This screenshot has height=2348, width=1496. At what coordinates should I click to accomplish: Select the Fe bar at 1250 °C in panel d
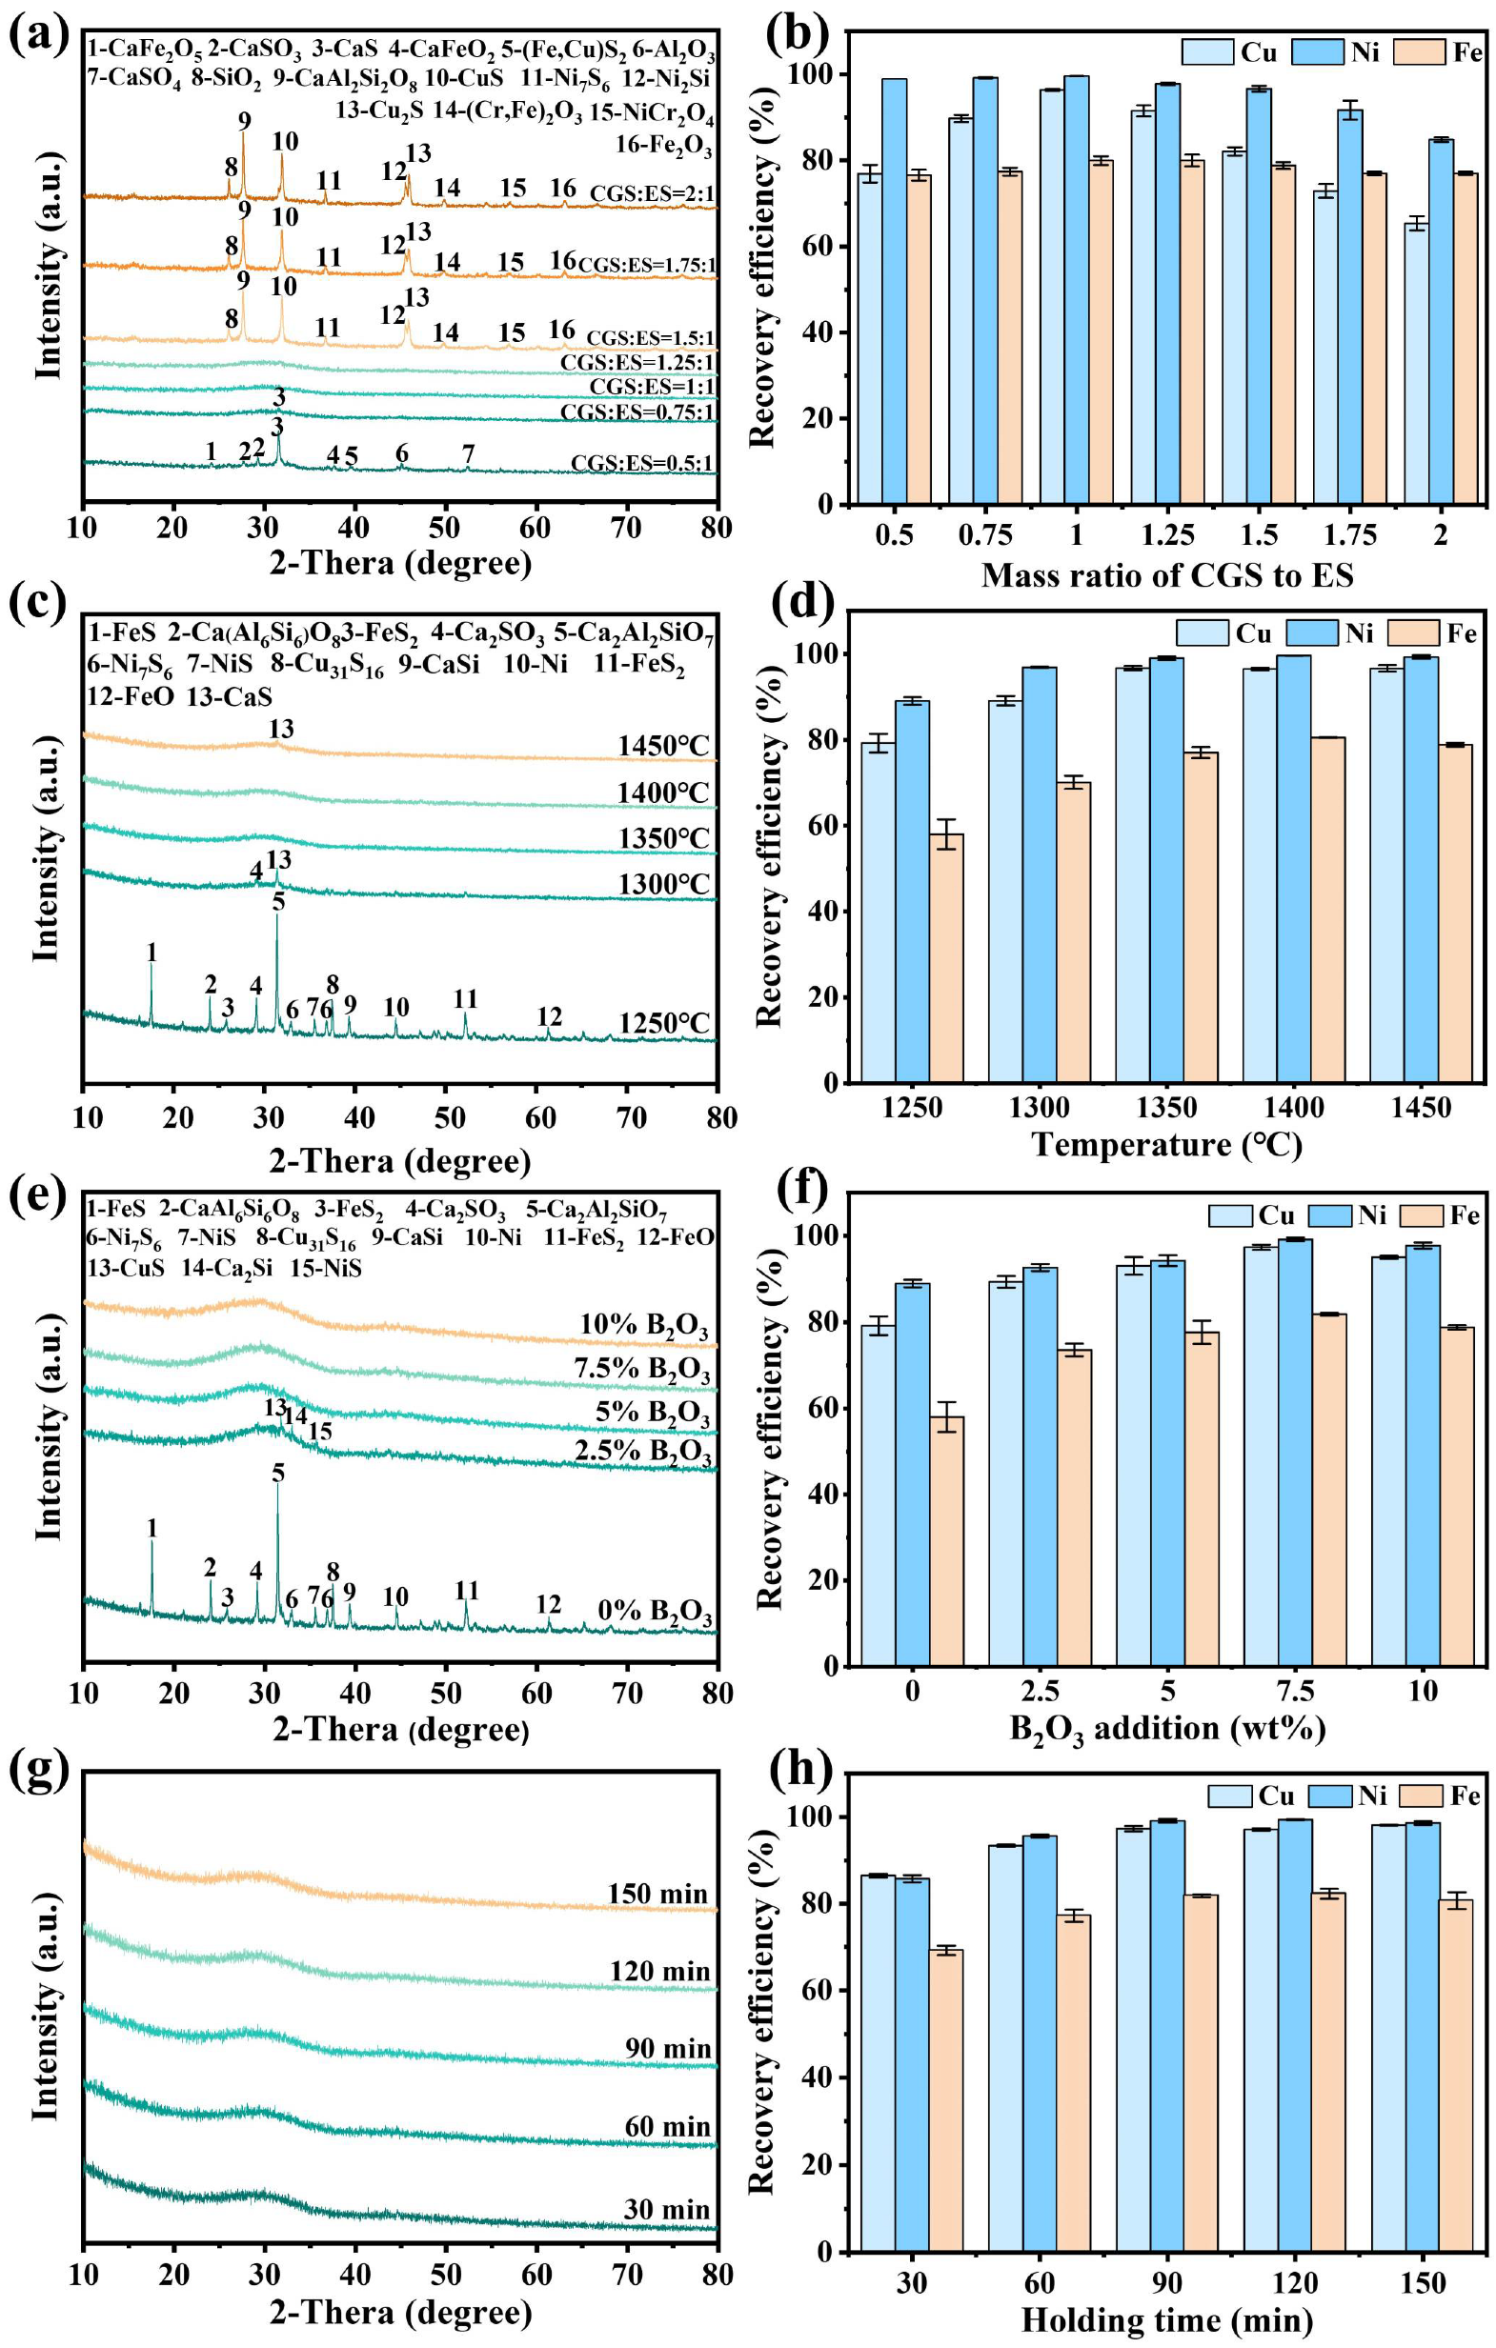click(946, 957)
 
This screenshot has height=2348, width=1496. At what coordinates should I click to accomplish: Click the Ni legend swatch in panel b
click(1318, 51)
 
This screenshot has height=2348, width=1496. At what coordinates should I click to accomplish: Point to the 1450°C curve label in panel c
click(663, 746)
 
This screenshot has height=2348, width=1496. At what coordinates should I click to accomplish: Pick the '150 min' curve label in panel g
click(658, 1894)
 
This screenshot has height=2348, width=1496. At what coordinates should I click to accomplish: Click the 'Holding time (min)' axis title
click(1166, 2319)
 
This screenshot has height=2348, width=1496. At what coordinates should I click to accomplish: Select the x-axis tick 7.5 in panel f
click(1295, 1690)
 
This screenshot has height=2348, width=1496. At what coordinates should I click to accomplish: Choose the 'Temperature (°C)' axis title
click(1166, 1144)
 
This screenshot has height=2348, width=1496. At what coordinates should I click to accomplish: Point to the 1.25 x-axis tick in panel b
click(1167, 535)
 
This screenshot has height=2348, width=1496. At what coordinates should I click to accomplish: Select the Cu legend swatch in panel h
click(1230, 1796)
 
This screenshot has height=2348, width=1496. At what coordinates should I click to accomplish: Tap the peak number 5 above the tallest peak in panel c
click(279, 902)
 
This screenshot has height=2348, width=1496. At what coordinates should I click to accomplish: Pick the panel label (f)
click(799, 1189)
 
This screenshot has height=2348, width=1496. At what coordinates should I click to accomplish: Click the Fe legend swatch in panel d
click(1414, 632)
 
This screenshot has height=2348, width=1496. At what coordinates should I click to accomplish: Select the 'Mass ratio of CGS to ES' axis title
click(1166, 575)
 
